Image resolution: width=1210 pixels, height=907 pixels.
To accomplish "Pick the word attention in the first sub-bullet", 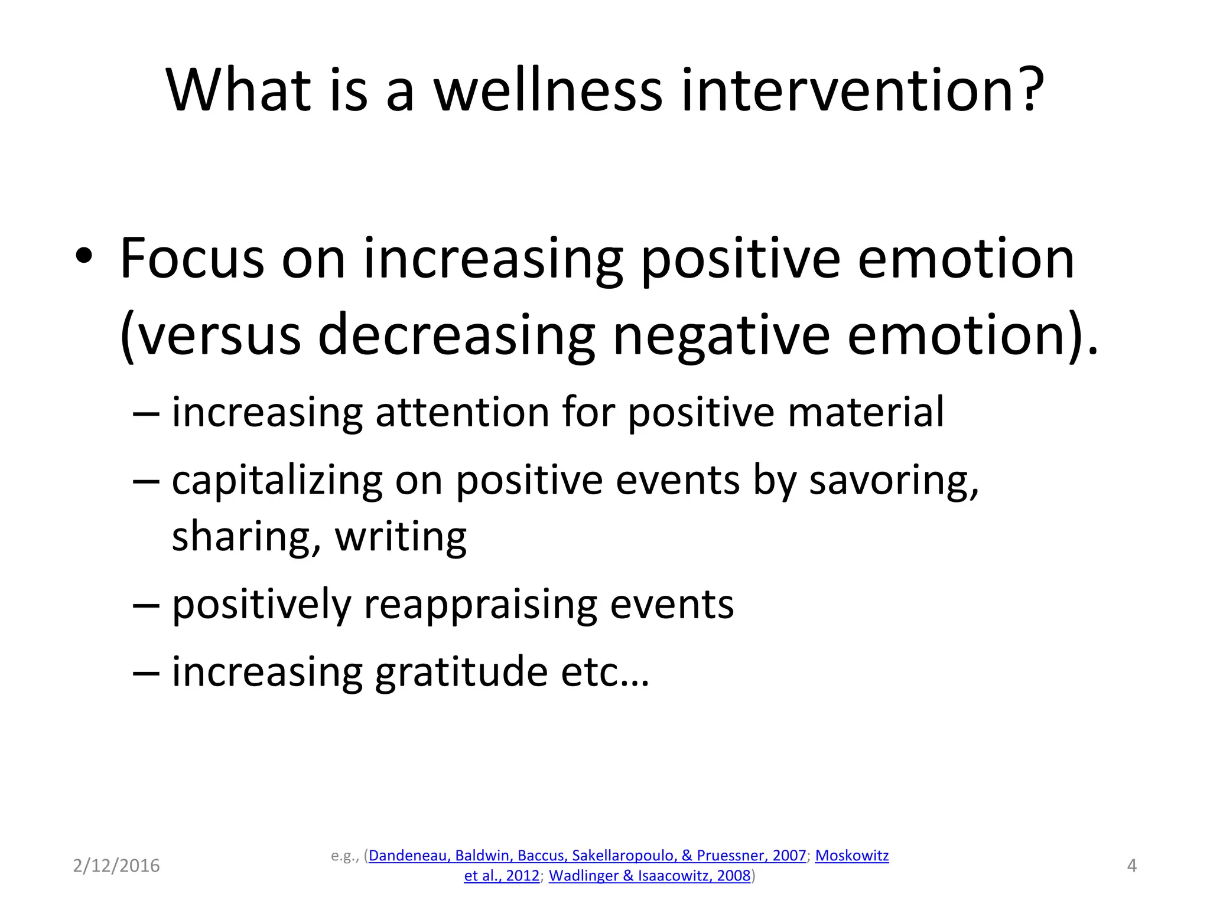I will [x=462, y=412].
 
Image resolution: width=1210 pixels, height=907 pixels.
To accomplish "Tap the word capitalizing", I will [x=277, y=480].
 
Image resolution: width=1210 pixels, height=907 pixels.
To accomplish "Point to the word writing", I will [x=401, y=536].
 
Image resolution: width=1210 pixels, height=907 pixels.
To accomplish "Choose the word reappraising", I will [x=480, y=605].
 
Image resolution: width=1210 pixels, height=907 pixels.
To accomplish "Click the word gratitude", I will [x=461, y=672].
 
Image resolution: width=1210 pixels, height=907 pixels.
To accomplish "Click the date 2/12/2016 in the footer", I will [x=116, y=866].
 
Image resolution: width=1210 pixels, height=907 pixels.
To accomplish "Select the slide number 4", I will [x=1131, y=866].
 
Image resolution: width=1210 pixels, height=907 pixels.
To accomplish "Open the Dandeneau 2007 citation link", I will [x=587, y=856].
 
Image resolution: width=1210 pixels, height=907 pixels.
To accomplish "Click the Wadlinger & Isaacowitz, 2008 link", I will [x=649, y=876].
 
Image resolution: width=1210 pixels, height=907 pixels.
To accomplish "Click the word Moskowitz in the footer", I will [x=851, y=856].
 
